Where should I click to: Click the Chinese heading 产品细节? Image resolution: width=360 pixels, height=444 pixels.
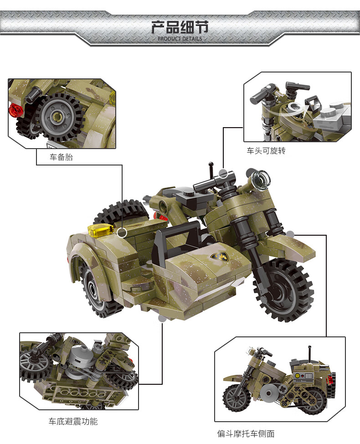pyautogui.click(x=180, y=27)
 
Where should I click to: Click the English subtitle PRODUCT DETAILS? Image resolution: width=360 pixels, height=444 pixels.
pyautogui.click(x=180, y=38)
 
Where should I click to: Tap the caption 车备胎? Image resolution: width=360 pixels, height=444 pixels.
pyautogui.click(x=61, y=157)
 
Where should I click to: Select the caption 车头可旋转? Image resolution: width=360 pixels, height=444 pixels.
pyautogui.click(x=266, y=150)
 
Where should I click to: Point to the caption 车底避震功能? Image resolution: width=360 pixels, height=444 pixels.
pyautogui.click(x=73, y=422)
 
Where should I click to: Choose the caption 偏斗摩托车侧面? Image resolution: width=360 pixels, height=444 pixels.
pyautogui.click(x=246, y=434)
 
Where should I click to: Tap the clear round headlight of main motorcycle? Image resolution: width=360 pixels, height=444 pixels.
pyautogui.click(x=261, y=179)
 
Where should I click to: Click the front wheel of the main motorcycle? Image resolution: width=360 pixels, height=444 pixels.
pyautogui.click(x=283, y=290)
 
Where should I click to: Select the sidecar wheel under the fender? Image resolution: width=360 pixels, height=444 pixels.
pyautogui.click(x=96, y=289)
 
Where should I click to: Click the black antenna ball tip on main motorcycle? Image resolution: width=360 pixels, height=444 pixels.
pyautogui.click(x=211, y=164)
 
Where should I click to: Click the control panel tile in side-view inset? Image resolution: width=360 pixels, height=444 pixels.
pyautogui.click(x=303, y=376)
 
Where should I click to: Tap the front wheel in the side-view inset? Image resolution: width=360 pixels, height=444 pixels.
pyautogui.click(x=237, y=398)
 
